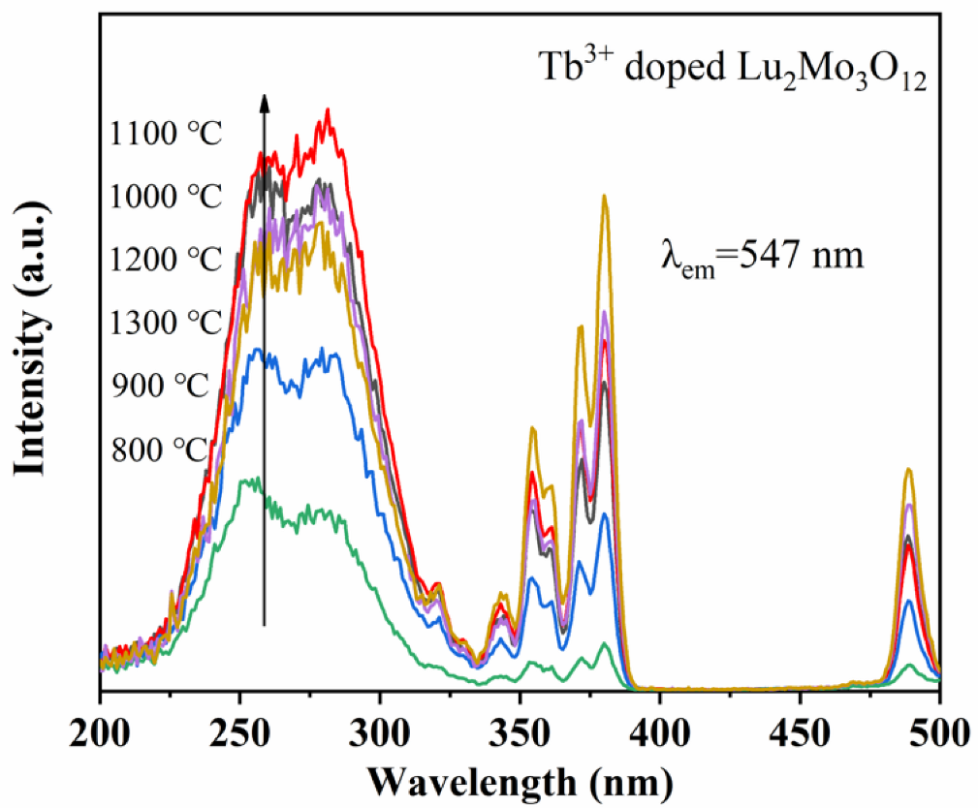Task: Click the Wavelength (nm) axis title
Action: tap(521, 779)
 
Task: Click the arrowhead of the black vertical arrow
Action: tap(264, 100)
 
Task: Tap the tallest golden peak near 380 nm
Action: tap(605, 197)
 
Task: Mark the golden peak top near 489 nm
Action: tap(909, 470)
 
